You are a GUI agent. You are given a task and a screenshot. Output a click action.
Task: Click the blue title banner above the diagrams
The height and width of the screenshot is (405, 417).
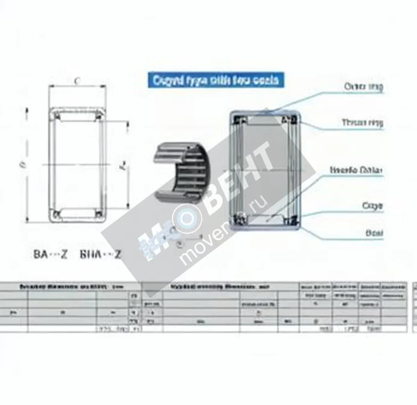coord(216,80)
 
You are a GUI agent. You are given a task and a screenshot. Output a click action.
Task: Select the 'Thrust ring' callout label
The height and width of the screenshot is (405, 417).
coord(362,122)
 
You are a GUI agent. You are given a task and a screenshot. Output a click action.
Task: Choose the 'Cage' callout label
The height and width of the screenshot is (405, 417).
coord(372,206)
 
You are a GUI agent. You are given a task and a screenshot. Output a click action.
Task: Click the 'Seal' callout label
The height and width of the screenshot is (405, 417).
coord(374,233)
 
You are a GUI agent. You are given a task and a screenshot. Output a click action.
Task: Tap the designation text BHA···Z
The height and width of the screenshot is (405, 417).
coord(100,254)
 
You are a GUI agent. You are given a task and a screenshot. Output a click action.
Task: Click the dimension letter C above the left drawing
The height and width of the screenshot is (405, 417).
coord(77,81)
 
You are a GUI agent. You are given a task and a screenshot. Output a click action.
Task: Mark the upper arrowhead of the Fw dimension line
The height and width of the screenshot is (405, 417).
coord(128,123)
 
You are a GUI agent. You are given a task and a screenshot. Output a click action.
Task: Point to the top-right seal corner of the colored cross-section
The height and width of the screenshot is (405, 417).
coord(293,120)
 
